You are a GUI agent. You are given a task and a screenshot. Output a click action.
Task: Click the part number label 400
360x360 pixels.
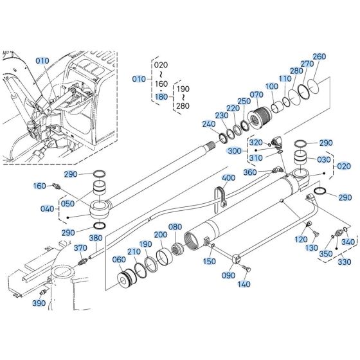tap(228, 177)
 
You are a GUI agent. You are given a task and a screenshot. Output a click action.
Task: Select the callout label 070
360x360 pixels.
tap(256, 95)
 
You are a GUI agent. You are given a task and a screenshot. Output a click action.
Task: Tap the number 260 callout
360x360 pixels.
tap(319, 56)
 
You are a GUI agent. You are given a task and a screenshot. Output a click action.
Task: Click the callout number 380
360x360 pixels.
tap(95, 238)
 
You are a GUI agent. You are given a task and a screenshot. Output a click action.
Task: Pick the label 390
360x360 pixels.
tap(39, 303)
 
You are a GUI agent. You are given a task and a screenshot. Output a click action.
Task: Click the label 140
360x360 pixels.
tap(244, 283)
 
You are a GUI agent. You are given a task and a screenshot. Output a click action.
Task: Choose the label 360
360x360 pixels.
tap(250, 172)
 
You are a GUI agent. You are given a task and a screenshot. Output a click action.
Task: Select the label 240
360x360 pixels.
tap(208, 124)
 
